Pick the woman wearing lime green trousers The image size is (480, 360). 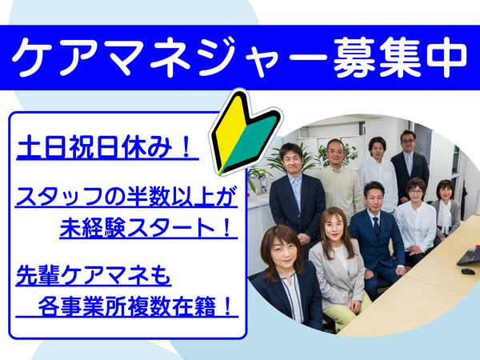333,264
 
